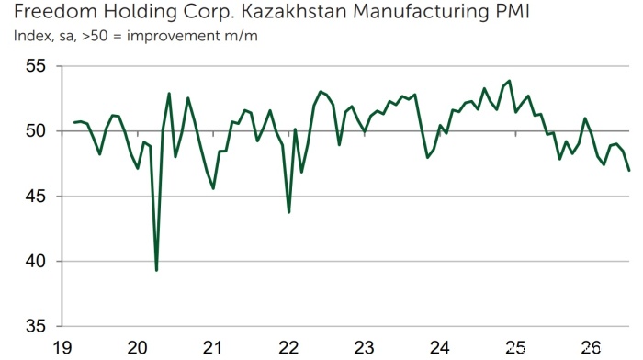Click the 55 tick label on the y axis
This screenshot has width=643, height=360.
(x=35, y=65)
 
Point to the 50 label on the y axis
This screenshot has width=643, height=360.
(x=35, y=131)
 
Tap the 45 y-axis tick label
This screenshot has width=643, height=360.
(x=35, y=197)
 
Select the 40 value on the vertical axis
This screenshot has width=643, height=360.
(x=35, y=261)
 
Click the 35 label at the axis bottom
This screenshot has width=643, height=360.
(x=35, y=326)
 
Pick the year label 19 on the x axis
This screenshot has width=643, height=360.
(x=62, y=348)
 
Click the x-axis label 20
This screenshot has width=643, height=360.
(x=138, y=348)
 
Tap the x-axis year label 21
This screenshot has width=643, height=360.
(x=212, y=348)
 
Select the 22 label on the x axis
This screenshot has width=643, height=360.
(x=288, y=348)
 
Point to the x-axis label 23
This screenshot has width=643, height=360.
(x=364, y=348)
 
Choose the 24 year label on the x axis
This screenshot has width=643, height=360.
(x=440, y=348)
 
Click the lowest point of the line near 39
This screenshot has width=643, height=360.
(x=157, y=270)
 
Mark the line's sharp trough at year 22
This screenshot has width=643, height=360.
(x=289, y=212)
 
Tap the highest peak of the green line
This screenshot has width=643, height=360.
(x=509, y=81)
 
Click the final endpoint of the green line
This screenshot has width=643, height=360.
(x=629, y=171)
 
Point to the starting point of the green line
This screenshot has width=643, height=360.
(x=74, y=122)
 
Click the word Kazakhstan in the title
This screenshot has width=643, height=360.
(x=294, y=12)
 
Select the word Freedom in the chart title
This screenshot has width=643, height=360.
(x=55, y=12)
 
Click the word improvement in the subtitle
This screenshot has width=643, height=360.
(x=174, y=36)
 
